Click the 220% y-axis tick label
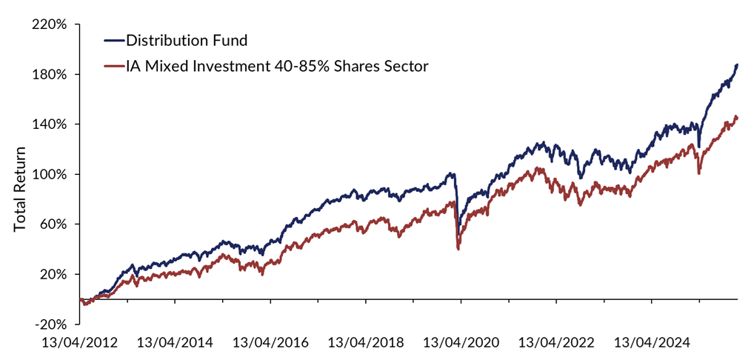(50, 24)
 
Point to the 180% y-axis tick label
(50, 75)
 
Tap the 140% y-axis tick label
(50, 124)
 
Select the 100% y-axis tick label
(50, 175)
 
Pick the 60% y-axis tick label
(53, 224)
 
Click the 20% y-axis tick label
(53, 274)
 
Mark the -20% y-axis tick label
(51, 324)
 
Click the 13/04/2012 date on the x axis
(81, 343)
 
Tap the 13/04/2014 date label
(176, 343)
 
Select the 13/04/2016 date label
(271, 343)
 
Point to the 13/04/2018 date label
(366, 343)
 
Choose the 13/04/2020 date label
(461, 343)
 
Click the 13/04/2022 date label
(556, 343)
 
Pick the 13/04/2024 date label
(651, 343)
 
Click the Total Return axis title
(20, 188)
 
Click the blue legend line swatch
(113, 40)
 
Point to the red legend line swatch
(113, 67)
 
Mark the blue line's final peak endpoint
(738, 64)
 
